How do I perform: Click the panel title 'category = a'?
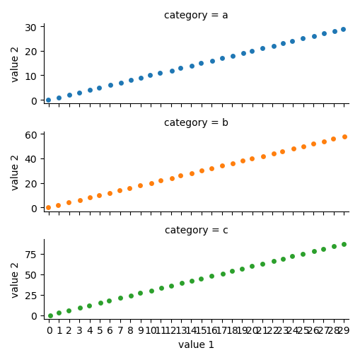(x=196, y=16)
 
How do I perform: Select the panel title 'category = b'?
(x=196, y=123)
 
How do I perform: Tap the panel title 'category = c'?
(x=196, y=231)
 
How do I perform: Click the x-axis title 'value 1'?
(x=196, y=344)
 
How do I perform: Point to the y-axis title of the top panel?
(x=15, y=64)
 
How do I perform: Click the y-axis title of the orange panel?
(x=15, y=171)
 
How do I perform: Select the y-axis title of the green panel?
(x=15, y=279)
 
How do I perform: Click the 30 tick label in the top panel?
(x=31, y=28)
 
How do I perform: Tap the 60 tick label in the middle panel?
(x=31, y=135)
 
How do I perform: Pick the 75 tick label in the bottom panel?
(x=31, y=254)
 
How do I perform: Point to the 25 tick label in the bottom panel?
(x=31, y=295)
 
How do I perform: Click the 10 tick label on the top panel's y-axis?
(x=31, y=76)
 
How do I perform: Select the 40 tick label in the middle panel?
(x=31, y=159)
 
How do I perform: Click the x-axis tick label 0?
(x=50, y=330)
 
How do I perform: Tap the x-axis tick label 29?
(x=343, y=330)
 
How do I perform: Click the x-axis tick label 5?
(x=100, y=330)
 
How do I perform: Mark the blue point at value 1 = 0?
(x=49, y=100)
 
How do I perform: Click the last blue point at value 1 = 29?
(x=344, y=29)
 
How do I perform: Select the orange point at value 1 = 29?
(x=344, y=137)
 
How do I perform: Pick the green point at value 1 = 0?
(x=49, y=315)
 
